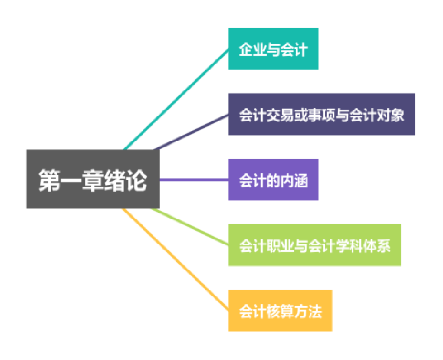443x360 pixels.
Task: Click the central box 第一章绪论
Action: tap(93, 179)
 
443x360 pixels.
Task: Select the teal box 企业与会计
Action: tap(273, 49)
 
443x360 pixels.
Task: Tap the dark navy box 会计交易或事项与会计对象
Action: tap(322, 114)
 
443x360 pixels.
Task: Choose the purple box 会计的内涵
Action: tap(273, 179)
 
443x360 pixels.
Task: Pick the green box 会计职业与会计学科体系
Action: tap(315, 245)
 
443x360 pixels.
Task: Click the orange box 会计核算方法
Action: tap(280, 310)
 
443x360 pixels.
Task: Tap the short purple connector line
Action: tap(194, 180)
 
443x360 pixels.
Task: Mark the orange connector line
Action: tap(175, 260)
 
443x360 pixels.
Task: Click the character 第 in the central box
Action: tap(50, 181)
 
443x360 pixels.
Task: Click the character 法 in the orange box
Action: tap(315, 311)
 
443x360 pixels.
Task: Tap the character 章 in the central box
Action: tap(92, 181)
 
